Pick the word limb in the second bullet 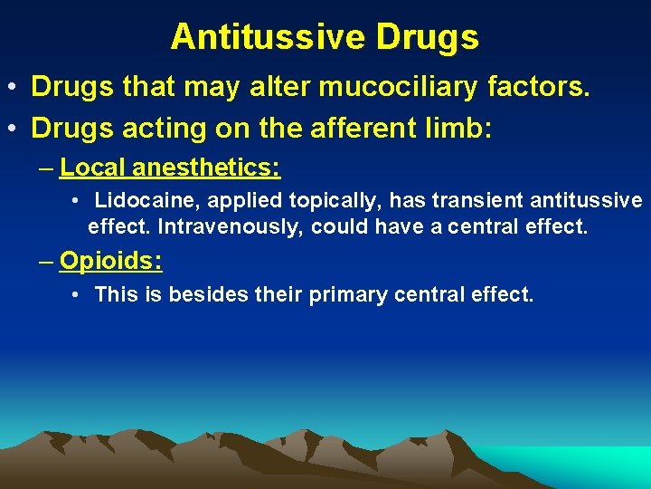click(460, 128)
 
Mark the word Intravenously click(231, 226)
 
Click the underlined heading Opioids click(110, 262)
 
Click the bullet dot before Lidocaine click(79, 200)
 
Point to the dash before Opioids click(46, 262)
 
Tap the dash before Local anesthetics click(46, 168)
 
